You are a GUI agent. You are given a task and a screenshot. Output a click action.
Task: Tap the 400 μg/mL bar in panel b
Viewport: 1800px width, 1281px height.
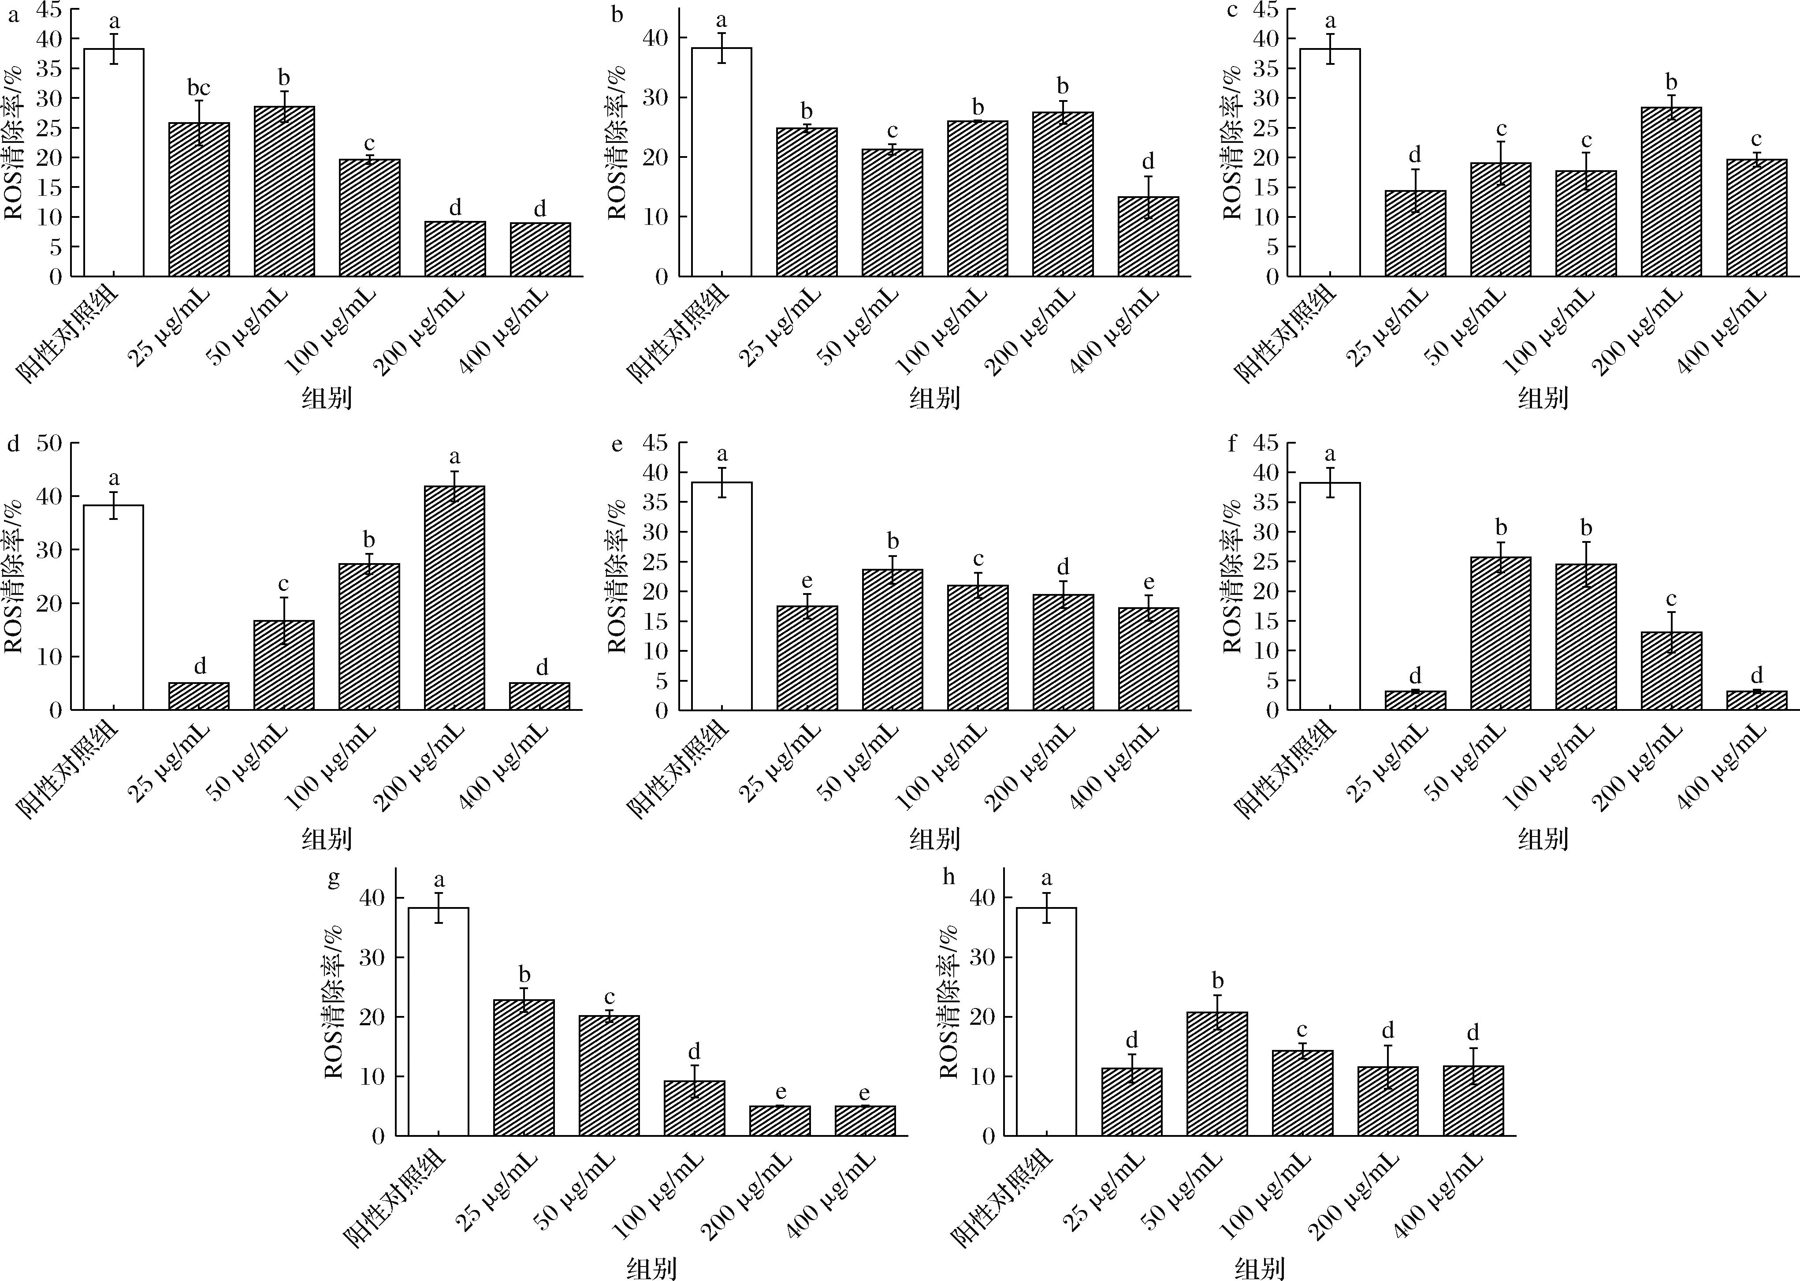[1148, 237]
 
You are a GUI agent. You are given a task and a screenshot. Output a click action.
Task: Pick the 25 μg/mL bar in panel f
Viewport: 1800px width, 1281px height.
[1415, 700]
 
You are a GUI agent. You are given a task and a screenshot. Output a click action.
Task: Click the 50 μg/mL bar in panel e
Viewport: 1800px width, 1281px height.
[893, 640]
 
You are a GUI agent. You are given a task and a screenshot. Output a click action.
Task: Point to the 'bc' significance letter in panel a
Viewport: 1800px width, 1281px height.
[199, 88]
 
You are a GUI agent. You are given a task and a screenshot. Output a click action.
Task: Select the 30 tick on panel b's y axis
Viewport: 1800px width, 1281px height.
[658, 98]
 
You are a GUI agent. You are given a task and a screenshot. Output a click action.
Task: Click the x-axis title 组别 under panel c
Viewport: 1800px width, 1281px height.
[1542, 398]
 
